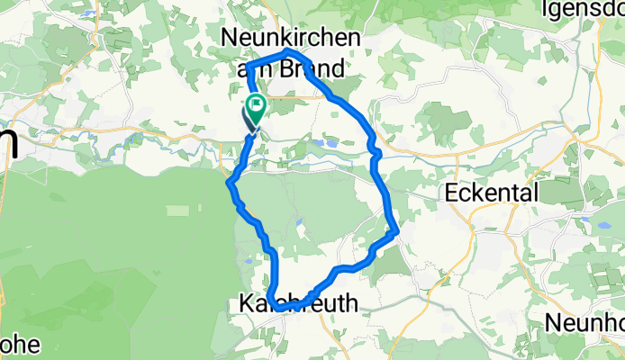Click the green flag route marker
[x=257, y=108]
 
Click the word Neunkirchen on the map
[x=291, y=38]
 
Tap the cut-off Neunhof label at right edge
[x=586, y=322]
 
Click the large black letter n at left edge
[x=7, y=141]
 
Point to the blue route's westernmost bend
[x=230, y=184]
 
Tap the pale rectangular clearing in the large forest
[x=178, y=211]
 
